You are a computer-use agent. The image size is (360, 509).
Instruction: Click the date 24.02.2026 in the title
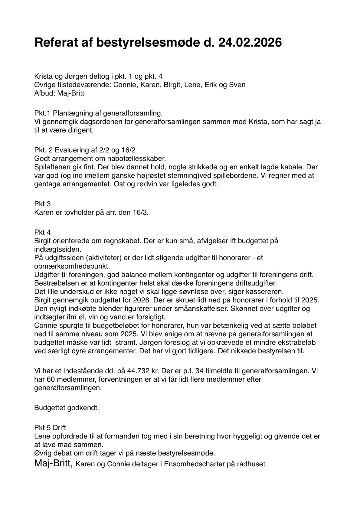[250, 43]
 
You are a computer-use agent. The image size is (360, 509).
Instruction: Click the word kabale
[285, 167]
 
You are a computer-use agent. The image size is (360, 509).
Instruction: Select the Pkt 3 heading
[42, 204]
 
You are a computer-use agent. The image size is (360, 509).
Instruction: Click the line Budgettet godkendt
[67, 408]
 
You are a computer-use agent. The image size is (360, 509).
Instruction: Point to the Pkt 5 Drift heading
[50, 428]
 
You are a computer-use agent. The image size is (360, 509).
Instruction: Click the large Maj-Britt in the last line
[53, 463]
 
